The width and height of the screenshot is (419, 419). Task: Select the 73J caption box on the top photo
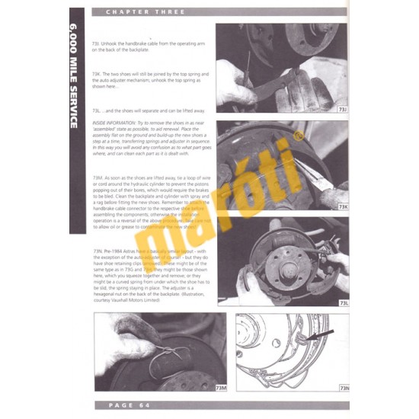point(341,110)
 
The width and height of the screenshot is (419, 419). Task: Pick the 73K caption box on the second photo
point(341,206)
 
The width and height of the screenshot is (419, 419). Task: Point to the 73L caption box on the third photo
point(341,303)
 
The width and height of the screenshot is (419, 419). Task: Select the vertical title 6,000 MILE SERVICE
point(76,76)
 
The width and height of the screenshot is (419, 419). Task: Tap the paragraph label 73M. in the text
point(97,176)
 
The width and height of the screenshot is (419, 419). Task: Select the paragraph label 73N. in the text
point(97,251)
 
